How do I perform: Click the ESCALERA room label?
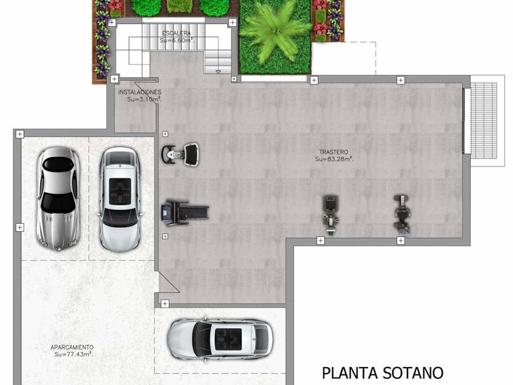tap(176, 33)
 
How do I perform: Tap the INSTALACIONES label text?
tap(140, 92)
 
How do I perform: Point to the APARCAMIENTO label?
tap(72, 347)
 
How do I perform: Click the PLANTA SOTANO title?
tap(382, 372)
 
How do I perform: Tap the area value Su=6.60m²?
tap(176, 40)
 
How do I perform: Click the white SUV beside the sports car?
tap(120, 199)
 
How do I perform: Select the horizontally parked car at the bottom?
tap(220, 338)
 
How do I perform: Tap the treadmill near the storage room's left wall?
tap(184, 212)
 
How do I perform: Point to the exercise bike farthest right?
tap(401, 213)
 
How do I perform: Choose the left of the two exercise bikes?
tap(329, 213)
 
